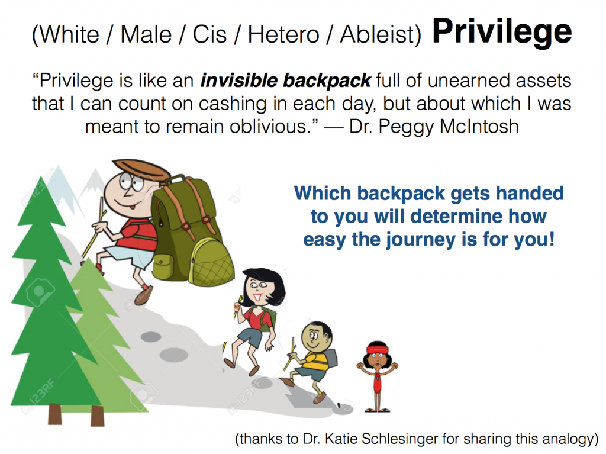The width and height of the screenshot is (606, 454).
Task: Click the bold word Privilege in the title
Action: click(x=502, y=33)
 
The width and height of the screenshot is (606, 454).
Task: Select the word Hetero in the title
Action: click(x=283, y=35)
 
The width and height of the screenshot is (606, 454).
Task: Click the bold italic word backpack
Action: click(x=327, y=81)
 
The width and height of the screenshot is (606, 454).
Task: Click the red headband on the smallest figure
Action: click(x=377, y=351)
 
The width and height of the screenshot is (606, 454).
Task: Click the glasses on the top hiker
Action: click(x=131, y=182)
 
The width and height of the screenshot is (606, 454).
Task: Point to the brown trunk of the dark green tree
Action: click(x=54, y=414)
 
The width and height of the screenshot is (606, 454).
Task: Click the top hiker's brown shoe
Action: click(x=143, y=296)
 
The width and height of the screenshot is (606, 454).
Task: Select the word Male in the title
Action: click(x=146, y=35)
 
